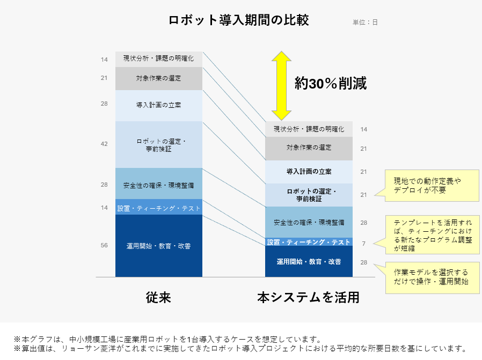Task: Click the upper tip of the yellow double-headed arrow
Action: coord(281,52)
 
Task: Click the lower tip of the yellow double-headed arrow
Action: coord(281,120)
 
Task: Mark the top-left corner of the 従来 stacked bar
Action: coord(115,52)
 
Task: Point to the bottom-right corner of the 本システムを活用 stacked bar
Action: coord(352,277)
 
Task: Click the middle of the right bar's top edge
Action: coord(309,121)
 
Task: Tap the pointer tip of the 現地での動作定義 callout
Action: coord(375,195)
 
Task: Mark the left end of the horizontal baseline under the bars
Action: coord(96,277)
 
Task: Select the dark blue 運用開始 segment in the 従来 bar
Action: coord(159,246)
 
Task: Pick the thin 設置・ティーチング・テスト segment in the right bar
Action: coord(309,242)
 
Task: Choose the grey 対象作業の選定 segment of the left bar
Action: coord(159,79)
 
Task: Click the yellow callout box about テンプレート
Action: coord(433,234)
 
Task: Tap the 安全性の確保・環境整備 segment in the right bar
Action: coord(309,222)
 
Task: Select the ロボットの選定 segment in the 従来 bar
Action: coord(159,145)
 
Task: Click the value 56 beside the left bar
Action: coord(104,245)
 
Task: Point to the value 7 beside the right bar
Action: coord(364,244)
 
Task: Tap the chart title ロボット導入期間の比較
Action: coord(239,20)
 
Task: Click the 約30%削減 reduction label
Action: coord(331,83)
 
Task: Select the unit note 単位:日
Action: coord(365,22)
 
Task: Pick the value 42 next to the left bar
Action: coord(104,144)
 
